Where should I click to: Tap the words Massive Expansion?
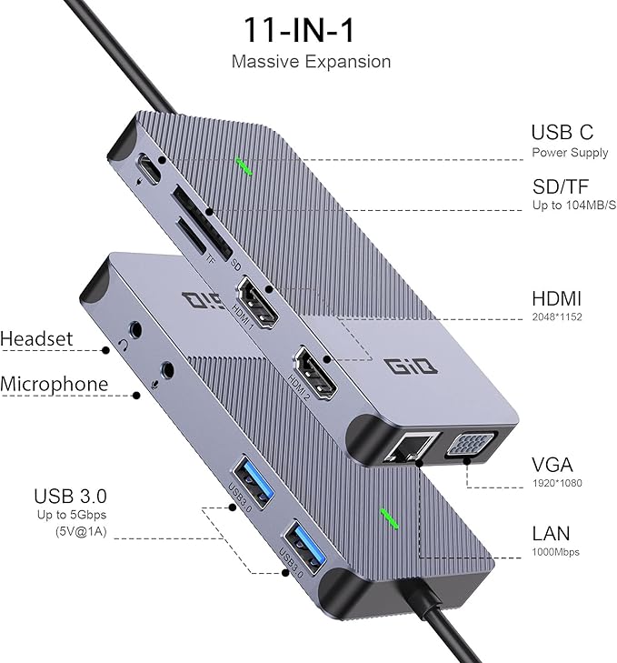coord(311,62)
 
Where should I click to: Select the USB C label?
coord(562,133)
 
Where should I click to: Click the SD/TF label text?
coord(562,186)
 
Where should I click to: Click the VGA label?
coord(552,464)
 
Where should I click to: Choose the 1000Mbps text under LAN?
coord(555,552)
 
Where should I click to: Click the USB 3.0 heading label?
coord(70,496)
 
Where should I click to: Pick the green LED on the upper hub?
coord(244,165)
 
